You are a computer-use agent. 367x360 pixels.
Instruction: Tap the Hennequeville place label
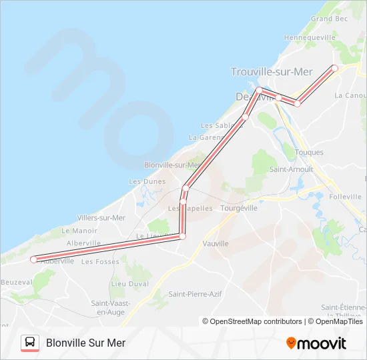[x=309, y=38]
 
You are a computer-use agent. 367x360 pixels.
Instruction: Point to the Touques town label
[x=309, y=153]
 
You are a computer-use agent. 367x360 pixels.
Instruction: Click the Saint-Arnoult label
[x=291, y=169]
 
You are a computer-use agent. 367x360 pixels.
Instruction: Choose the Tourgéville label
[x=239, y=208]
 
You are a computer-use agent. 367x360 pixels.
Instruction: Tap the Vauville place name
[x=216, y=244]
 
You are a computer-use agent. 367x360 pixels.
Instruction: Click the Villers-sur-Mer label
[x=101, y=218]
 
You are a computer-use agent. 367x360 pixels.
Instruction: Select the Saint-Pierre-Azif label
[x=195, y=294]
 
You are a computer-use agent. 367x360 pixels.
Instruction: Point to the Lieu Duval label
[x=129, y=283]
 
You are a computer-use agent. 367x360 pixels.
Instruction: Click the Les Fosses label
[x=100, y=262]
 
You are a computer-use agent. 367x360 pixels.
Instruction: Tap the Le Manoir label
[x=79, y=231]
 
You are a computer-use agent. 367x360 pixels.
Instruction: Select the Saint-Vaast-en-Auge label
[x=110, y=307]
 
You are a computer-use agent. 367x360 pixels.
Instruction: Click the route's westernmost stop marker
[x=33, y=259]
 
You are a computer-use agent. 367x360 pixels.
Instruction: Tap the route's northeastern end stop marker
[x=334, y=68]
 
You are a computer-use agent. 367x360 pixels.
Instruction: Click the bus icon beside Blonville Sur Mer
[x=30, y=343]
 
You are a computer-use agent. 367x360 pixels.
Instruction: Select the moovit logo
[x=316, y=343]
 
